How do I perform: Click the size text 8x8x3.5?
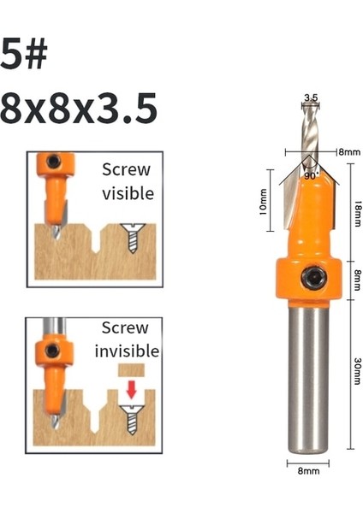click(x=78, y=109)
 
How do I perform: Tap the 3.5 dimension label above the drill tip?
click(x=311, y=98)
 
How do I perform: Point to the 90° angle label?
click(x=310, y=174)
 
